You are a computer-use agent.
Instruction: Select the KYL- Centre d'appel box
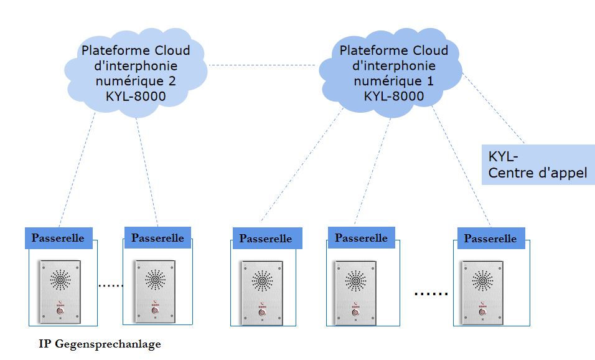(x=538, y=165)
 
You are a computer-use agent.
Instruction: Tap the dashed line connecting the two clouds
(x=261, y=65)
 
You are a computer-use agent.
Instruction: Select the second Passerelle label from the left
(x=157, y=237)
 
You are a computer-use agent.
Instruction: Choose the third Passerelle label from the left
(x=266, y=239)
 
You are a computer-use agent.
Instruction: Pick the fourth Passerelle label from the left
(x=361, y=237)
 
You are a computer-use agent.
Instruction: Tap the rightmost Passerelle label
(x=490, y=239)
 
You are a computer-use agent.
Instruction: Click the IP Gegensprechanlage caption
(x=100, y=344)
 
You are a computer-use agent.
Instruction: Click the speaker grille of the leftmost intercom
(x=60, y=279)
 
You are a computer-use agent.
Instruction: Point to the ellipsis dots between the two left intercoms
(x=111, y=286)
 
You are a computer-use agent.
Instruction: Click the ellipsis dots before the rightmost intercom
(x=431, y=293)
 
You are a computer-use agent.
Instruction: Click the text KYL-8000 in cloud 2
(x=136, y=95)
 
